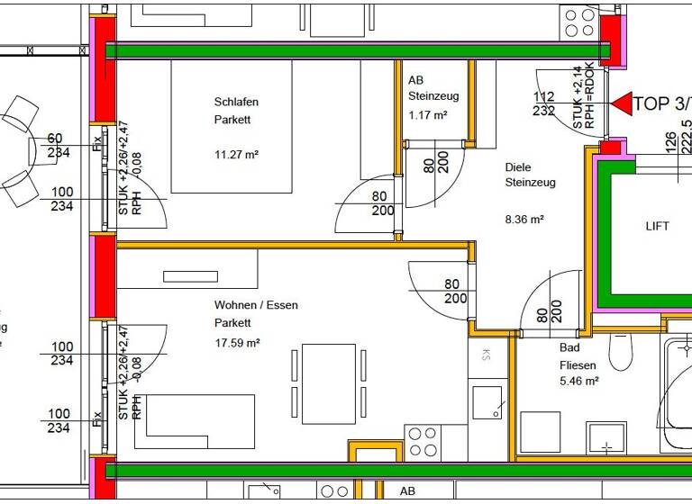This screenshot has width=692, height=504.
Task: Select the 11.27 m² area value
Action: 236,154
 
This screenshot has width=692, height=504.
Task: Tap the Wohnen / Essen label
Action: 256,305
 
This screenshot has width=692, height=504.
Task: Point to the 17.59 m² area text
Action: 237,343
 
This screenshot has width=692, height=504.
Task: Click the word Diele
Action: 518,167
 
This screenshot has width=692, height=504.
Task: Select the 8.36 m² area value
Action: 524,219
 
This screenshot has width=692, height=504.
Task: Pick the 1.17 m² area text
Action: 428,115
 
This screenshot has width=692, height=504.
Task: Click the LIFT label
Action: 657,226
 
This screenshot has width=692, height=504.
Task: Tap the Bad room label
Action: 569,347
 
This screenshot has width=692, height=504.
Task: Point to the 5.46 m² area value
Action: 579,381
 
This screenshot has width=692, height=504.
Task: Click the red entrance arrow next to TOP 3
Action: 621,103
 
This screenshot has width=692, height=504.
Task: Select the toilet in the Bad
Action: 622,350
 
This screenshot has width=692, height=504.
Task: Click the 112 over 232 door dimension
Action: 544,103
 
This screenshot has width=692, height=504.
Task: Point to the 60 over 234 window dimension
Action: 56,146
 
